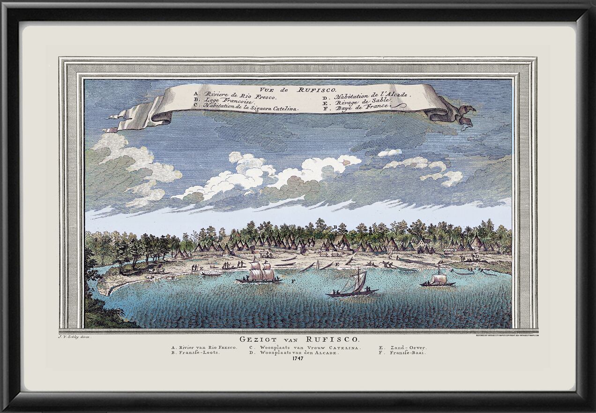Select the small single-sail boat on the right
(x=438, y=280)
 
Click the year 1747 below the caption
(x=298, y=358)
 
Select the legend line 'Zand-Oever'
(x=402, y=347)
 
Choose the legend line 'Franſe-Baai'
(x=402, y=353)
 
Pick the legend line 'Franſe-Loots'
(x=195, y=353)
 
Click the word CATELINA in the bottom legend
(x=344, y=347)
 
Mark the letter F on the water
(x=292, y=281)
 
